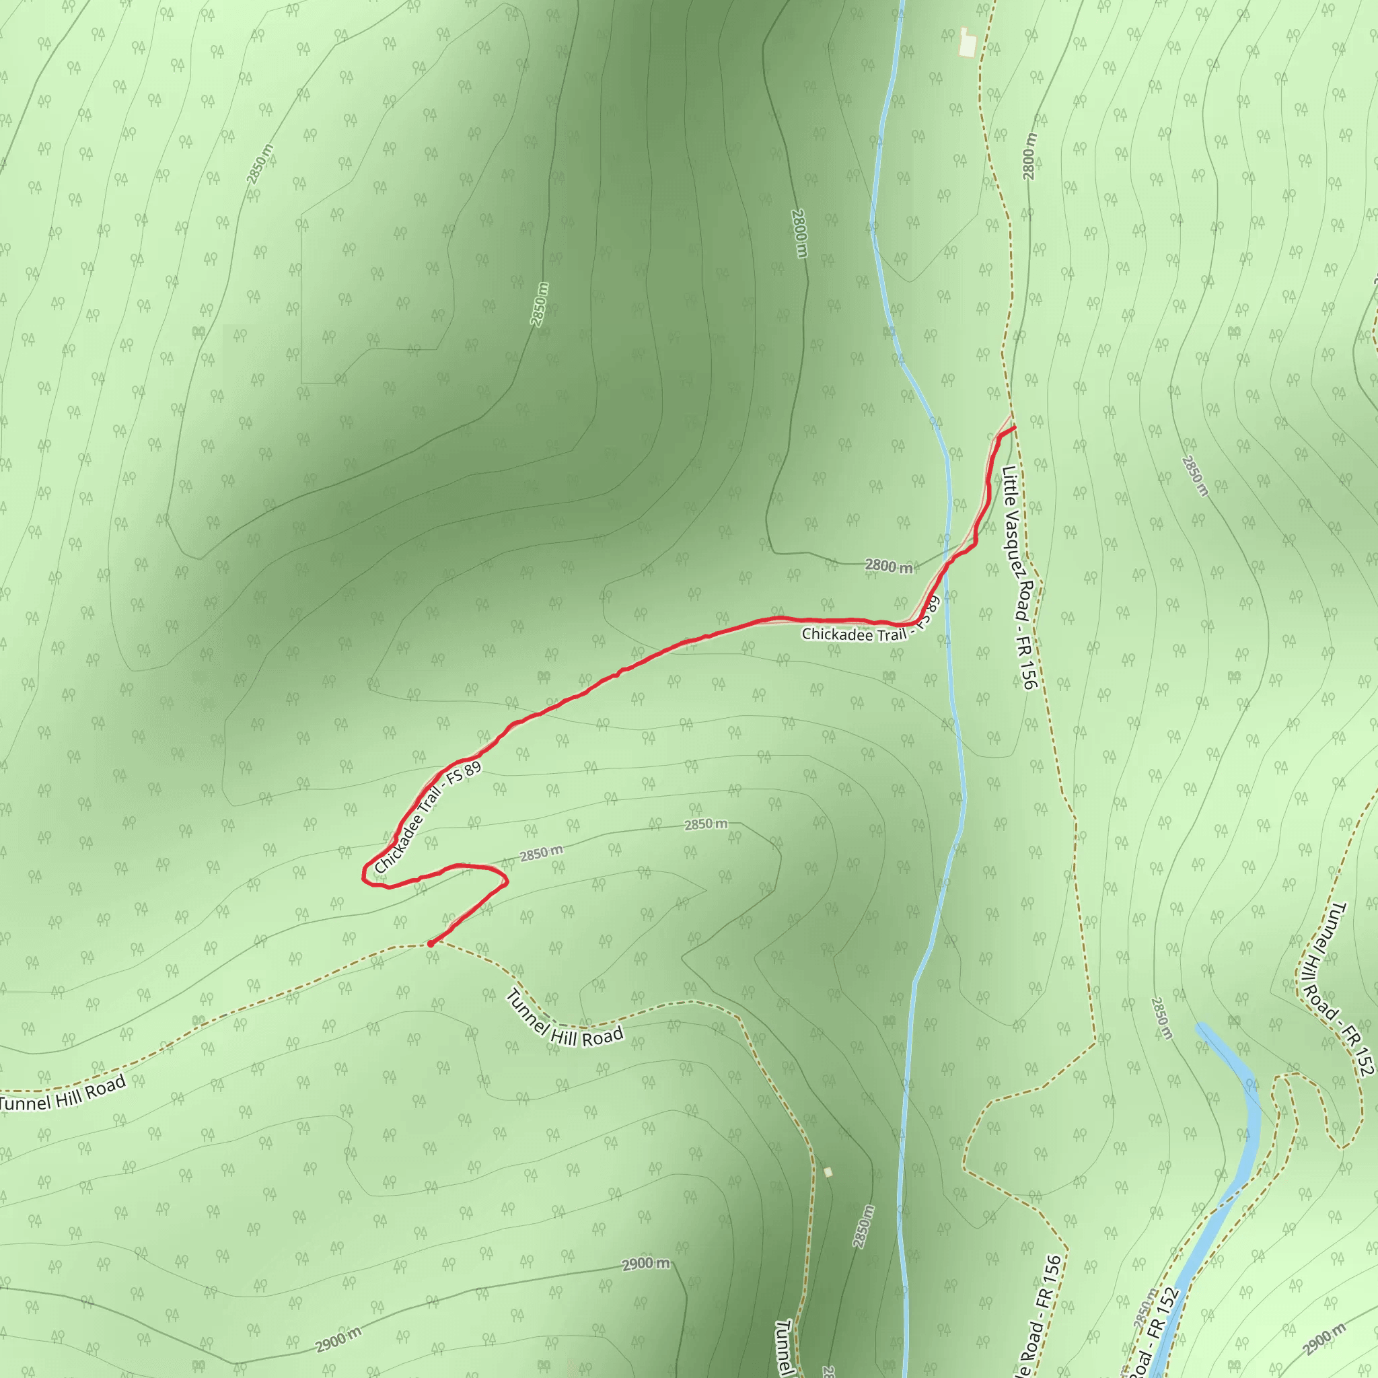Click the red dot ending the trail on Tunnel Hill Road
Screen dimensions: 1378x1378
(430, 943)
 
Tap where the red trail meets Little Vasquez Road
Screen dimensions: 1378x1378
(1013, 427)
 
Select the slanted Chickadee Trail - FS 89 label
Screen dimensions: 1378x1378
(428, 817)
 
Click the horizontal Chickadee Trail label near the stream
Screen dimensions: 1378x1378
(853, 633)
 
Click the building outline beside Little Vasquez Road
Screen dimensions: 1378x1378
(967, 42)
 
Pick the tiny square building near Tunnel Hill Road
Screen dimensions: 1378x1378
(828, 1172)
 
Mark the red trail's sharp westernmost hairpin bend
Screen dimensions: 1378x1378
(365, 875)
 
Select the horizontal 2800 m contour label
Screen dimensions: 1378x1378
(889, 567)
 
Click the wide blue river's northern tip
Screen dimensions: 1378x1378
(1200, 1026)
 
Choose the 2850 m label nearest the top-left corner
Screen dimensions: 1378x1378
(260, 164)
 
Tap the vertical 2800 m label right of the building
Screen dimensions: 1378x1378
(1029, 155)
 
